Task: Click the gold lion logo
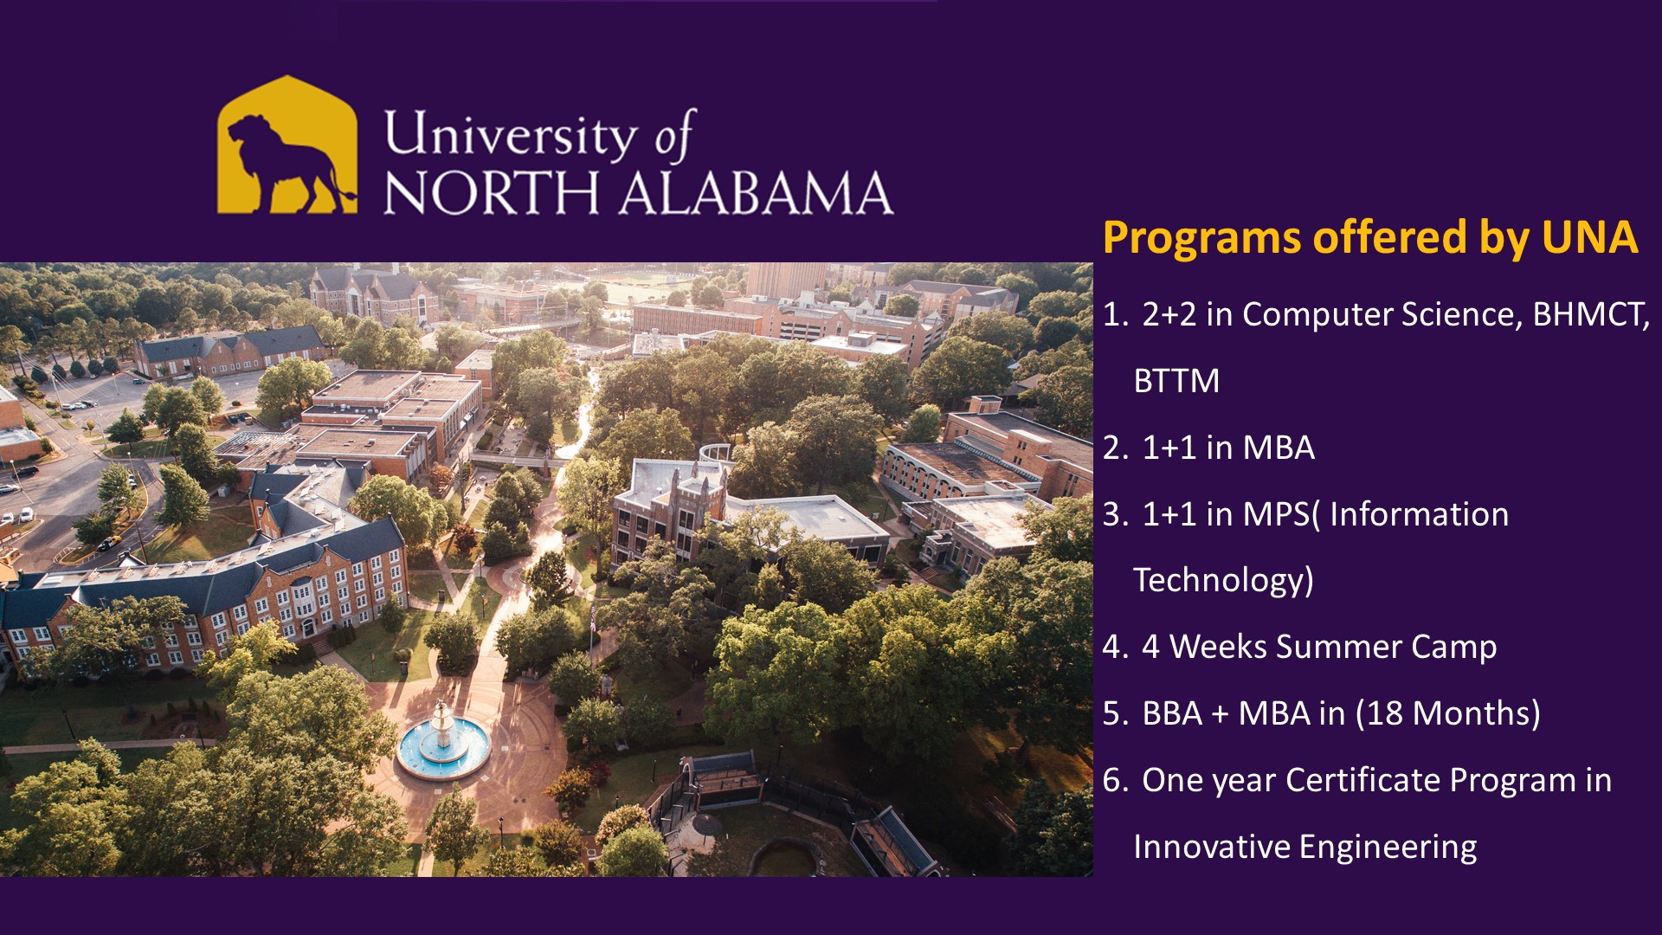[287, 145]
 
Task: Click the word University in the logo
[510, 135]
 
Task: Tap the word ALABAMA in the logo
[756, 192]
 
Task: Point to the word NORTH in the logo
[491, 192]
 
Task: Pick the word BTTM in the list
[1176, 381]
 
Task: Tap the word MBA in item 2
[1279, 448]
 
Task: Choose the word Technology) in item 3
[1223, 580]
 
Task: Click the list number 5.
[1116, 713]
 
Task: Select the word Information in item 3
[1419, 514]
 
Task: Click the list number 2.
[1116, 448]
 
